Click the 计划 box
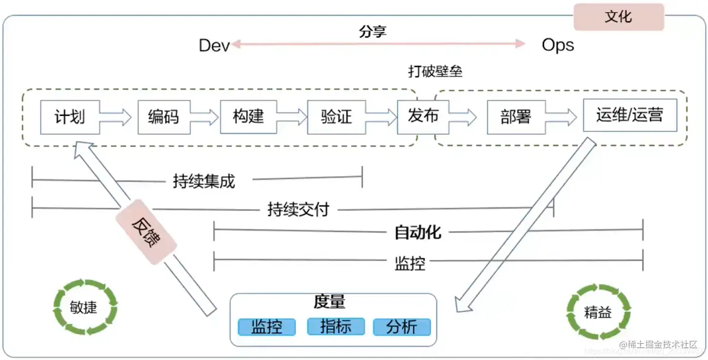[x=70, y=117]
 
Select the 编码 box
[x=164, y=117]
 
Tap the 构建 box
[x=249, y=117]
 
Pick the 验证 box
[x=336, y=117]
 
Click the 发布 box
[x=423, y=116]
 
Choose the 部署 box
[x=516, y=117]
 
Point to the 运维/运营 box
[x=630, y=115]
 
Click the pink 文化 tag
[x=619, y=17]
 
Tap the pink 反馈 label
[x=146, y=232]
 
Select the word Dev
[x=214, y=45]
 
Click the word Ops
[x=558, y=45]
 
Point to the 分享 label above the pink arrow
[x=373, y=32]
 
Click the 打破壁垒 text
[x=435, y=71]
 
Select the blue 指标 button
[x=336, y=326]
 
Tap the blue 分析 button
[x=402, y=327]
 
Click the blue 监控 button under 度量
[x=267, y=327]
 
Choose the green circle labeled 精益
[x=598, y=312]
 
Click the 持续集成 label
[x=204, y=181]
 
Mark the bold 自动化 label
[x=418, y=233]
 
